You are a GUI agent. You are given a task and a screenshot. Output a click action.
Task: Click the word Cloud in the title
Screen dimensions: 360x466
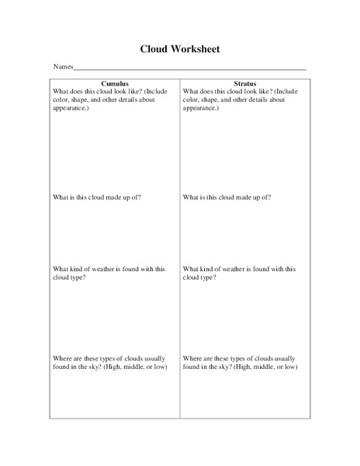tap(155, 49)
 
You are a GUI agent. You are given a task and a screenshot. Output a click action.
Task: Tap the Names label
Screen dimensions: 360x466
tap(62, 68)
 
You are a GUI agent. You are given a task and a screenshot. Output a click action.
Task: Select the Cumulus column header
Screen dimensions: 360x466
tap(115, 82)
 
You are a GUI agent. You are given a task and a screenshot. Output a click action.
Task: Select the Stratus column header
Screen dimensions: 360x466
tap(246, 82)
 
